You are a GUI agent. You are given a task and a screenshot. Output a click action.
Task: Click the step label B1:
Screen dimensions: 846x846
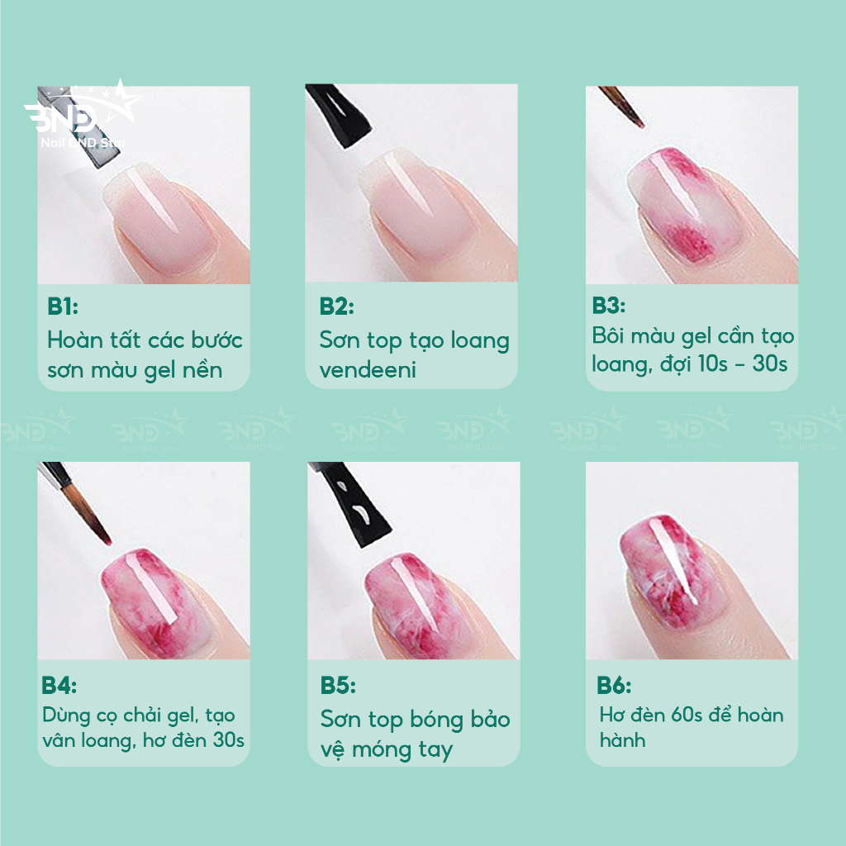tap(63, 306)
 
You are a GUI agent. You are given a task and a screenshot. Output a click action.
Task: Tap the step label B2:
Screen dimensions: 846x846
tap(337, 306)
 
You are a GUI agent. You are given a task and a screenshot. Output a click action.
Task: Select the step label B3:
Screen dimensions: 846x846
tap(609, 306)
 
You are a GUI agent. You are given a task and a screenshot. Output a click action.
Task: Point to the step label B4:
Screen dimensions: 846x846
tap(59, 685)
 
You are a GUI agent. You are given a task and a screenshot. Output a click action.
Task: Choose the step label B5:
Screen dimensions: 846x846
tap(338, 685)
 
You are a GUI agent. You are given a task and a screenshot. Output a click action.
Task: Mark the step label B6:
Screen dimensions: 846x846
tap(614, 685)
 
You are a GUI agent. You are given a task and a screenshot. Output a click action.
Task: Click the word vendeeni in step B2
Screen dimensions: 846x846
tap(368, 370)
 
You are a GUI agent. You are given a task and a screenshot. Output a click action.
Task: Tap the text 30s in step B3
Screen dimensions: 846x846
tap(770, 364)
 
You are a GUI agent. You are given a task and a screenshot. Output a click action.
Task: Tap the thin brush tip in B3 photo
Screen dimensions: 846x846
tap(622, 107)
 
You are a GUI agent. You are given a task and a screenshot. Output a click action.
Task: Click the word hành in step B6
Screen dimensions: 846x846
tap(622, 740)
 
